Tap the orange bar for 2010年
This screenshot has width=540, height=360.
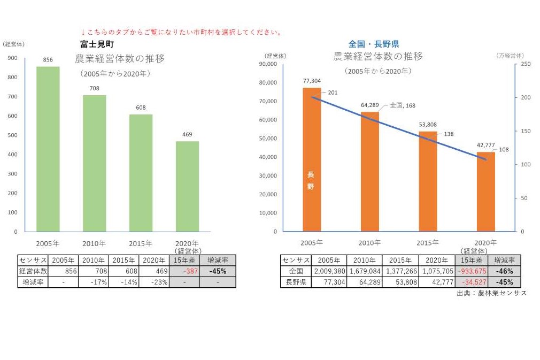click(369, 171)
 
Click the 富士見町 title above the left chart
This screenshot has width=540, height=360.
click(97, 44)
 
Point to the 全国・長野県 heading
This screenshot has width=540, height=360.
click(374, 44)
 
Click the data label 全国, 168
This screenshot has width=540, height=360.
click(403, 105)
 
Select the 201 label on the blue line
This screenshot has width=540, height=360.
click(333, 93)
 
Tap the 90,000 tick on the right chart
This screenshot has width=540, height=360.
click(267, 64)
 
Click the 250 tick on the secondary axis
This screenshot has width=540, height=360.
click(526, 64)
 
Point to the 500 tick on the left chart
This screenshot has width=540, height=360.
click(12, 135)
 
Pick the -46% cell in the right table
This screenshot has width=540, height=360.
click(504, 271)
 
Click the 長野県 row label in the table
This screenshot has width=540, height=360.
click(296, 282)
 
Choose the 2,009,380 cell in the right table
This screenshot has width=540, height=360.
click(330, 271)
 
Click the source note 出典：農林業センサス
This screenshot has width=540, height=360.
click(491, 293)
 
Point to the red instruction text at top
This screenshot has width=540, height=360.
click(181, 33)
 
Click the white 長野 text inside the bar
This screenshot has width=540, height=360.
click(311, 181)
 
